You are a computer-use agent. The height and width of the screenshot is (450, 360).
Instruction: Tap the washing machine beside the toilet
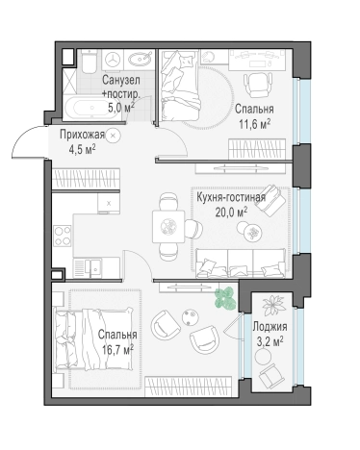click(x=113, y=59)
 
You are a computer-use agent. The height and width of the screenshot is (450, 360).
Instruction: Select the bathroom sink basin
click(x=140, y=59)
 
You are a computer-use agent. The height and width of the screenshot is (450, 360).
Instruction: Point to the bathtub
click(x=91, y=108)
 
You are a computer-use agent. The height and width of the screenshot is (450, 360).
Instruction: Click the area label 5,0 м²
click(x=120, y=107)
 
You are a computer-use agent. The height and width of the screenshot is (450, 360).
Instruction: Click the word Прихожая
click(x=82, y=135)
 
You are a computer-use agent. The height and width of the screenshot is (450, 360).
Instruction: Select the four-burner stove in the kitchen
click(x=63, y=235)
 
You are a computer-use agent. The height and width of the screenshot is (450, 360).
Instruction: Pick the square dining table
click(x=168, y=226)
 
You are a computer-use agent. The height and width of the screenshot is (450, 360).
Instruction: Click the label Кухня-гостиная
click(x=231, y=197)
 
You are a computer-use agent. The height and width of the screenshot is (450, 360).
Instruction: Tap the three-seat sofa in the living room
click(x=241, y=263)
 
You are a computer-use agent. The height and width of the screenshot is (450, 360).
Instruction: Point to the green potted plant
click(x=225, y=298)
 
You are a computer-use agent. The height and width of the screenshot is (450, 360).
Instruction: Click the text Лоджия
click(x=270, y=327)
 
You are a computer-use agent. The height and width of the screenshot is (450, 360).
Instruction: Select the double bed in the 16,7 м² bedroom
click(x=93, y=339)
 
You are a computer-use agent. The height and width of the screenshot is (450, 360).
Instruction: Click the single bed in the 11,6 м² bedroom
click(x=180, y=86)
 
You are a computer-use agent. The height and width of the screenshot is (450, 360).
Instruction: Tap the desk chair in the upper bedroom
click(x=257, y=85)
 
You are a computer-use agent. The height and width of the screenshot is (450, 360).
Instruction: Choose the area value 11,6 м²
click(x=254, y=124)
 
